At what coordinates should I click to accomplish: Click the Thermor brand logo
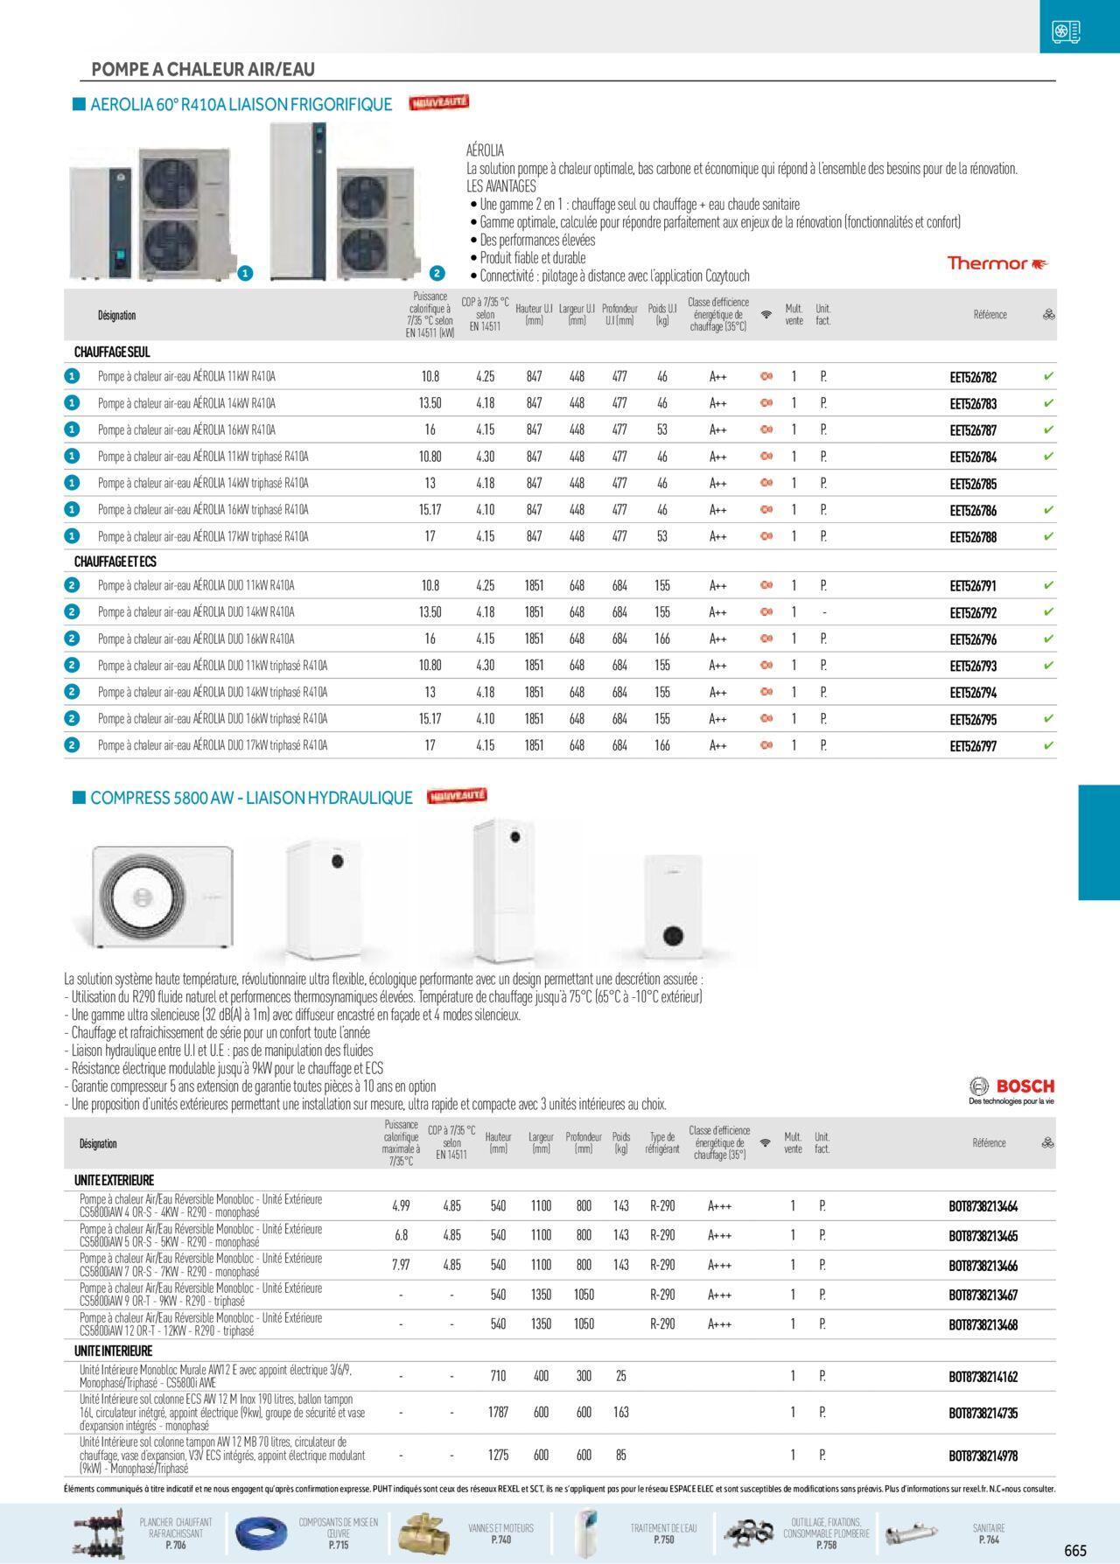997,263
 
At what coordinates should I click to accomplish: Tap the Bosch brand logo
1011,1089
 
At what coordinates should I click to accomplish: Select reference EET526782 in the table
973,378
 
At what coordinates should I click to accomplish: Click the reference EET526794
973,693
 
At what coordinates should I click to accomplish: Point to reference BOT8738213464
983,1206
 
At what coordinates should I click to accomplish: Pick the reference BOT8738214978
983,1456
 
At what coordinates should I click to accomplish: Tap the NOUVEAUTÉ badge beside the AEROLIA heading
439,103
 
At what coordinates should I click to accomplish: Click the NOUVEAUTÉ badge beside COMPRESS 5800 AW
457,796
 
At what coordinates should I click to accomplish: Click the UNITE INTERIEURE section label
114,1351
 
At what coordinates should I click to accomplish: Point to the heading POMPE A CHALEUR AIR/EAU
203,69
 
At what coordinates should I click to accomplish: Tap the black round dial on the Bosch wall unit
672,934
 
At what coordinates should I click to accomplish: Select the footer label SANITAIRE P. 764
990,1533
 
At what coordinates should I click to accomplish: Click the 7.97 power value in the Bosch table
401,1265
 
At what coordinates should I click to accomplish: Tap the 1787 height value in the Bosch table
498,1412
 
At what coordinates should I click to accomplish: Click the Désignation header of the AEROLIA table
116,316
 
